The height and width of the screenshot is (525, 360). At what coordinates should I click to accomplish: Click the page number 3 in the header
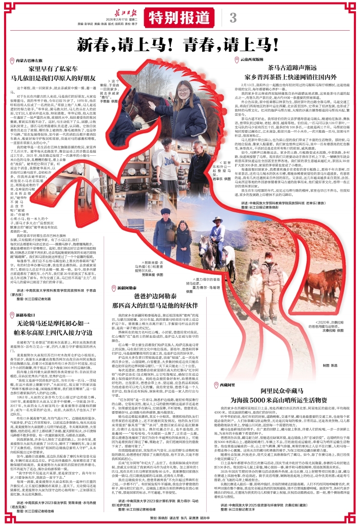(233, 16)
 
